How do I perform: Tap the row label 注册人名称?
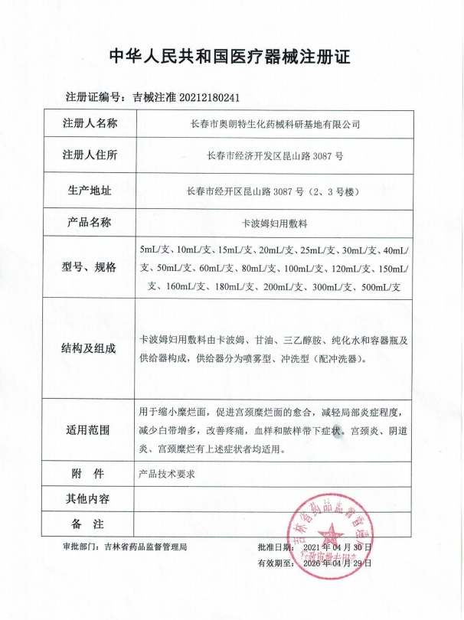tap(90, 123)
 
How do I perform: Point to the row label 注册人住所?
tap(90, 156)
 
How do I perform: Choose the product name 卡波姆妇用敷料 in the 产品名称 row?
tap(275, 224)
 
